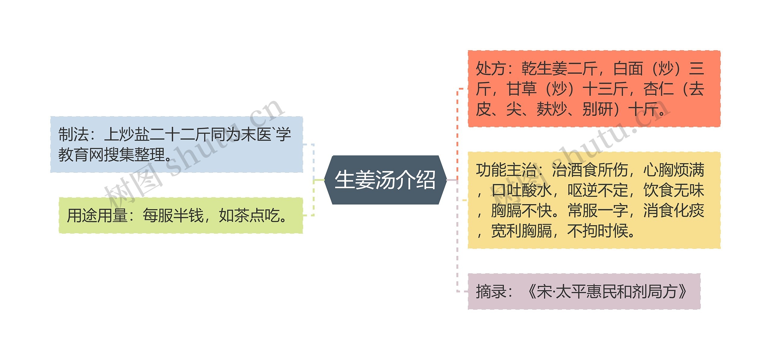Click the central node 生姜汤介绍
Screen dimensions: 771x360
point(385,180)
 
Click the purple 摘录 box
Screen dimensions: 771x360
point(584,291)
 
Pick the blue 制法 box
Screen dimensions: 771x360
point(176,144)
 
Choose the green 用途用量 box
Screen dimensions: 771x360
point(181,216)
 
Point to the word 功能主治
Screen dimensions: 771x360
point(506,170)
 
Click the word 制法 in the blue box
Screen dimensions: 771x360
point(73,134)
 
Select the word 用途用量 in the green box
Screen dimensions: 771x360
point(97,216)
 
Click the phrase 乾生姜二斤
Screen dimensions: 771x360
point(560,69)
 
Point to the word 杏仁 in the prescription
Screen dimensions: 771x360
point(658,89)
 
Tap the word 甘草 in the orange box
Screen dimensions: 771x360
point(522,89)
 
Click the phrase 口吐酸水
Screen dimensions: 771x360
point(522,190)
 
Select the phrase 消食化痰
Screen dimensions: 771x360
point(673,210)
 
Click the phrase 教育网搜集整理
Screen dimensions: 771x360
point(111,155)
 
